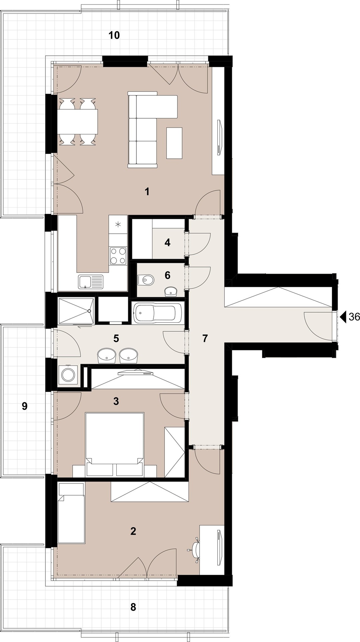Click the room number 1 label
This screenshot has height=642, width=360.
147,192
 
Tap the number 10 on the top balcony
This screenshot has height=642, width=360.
114,35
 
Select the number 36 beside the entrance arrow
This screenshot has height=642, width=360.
354,317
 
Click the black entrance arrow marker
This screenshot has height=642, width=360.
343,316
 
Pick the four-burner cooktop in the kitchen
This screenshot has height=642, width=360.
118,256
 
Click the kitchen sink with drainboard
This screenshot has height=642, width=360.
91,282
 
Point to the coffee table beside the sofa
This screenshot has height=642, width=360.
174,143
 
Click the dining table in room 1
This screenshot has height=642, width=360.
78,122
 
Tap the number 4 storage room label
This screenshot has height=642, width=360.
167,242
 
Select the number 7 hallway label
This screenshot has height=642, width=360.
205,338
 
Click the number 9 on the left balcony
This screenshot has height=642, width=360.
24,406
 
